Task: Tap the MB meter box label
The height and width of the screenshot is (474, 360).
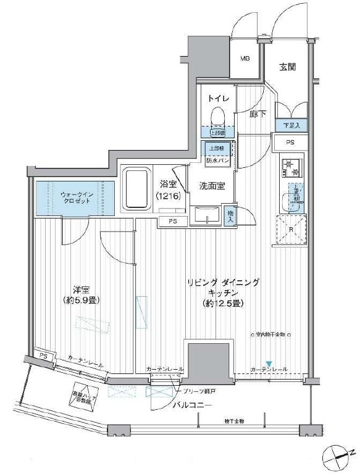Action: (x=245, y=59)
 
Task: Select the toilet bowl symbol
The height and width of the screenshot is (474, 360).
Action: (x=217, y=115)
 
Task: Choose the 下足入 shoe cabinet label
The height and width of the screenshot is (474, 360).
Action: (x=291, y=125)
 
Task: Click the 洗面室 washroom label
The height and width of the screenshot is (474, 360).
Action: (x=211, y=185)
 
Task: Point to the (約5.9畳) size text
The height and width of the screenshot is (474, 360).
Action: (x=80, y=301)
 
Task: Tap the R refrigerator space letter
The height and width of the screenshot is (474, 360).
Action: (x=290, y=230)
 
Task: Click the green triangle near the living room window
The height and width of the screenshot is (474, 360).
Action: (x=269, y=362)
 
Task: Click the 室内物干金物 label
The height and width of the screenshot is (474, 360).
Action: (x=270, y=335)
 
